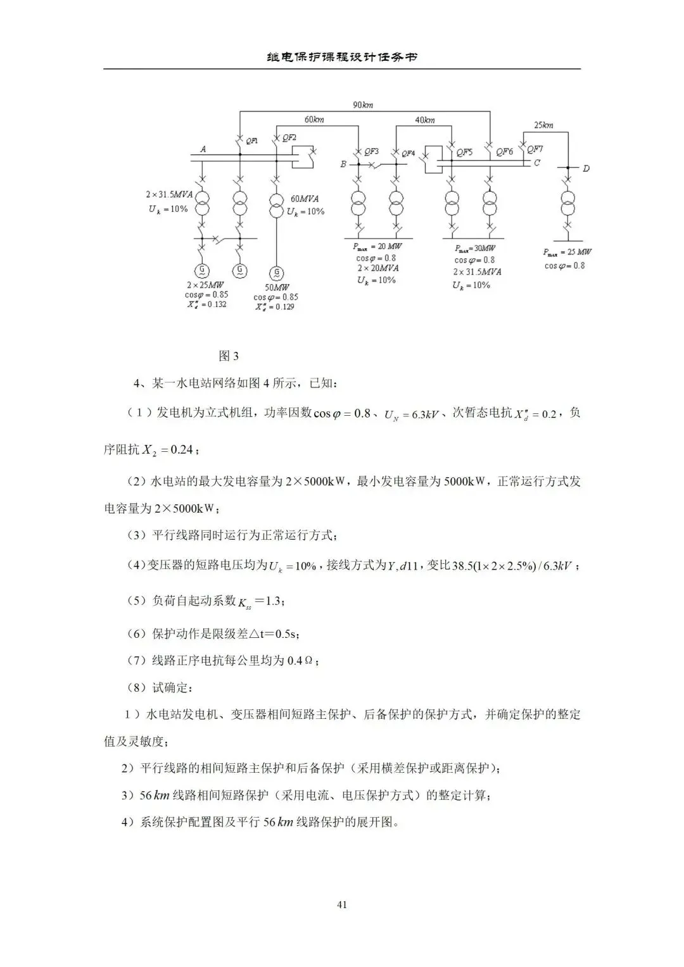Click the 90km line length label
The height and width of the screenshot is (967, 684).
363,104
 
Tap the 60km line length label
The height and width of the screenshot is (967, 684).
314,120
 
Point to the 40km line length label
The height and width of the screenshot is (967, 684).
425,120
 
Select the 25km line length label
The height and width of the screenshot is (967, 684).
543,125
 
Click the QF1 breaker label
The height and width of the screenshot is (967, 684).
251,141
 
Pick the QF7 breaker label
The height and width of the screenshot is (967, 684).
535,149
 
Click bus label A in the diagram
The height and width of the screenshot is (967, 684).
203,149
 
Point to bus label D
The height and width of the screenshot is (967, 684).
586,168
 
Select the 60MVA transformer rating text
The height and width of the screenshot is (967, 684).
305,199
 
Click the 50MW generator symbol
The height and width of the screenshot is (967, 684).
277,273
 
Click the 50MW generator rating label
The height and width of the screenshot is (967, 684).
276,287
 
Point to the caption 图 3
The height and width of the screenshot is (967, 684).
229,356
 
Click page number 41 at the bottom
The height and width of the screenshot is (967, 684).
342,904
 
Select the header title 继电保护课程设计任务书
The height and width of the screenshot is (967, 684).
342,57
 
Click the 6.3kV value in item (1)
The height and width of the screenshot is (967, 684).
425,415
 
